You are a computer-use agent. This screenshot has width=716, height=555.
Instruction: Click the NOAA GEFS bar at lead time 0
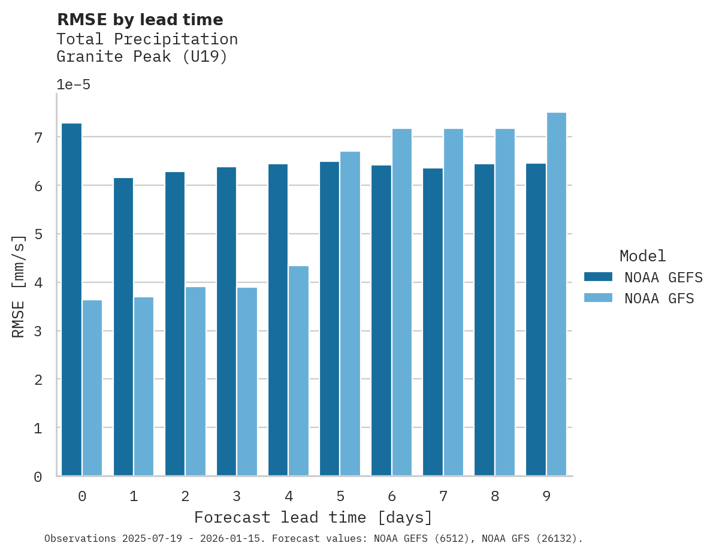click(x=72, y=300)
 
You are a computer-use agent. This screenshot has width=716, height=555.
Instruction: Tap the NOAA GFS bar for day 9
click(x=557, y=294)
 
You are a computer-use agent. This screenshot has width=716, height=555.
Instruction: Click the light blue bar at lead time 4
click(x=298, y=371)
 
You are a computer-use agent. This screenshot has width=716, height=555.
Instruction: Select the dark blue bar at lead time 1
click(x=123, y=327)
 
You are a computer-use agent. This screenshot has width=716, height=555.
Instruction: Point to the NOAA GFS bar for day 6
click(x=401, y=302)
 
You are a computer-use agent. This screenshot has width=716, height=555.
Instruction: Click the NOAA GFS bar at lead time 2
click(x=195, y=381)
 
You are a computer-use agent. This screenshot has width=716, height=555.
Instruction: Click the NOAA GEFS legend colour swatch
click(x=598, y=277)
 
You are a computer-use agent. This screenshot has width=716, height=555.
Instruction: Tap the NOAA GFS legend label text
click(x=659, y=298)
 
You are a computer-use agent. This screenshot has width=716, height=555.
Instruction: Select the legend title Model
click(x=643, y=256)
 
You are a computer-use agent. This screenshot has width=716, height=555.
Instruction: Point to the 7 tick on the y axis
click(x=38, y=138)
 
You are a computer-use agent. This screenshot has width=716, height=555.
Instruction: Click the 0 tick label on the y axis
click(x=38, y=477)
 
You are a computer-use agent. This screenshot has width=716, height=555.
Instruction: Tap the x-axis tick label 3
click(x=237, y=496)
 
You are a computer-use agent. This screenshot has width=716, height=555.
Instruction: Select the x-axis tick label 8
click(x=494, y=496)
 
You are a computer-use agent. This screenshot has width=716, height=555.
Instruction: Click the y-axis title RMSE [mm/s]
click(x=19, y=286)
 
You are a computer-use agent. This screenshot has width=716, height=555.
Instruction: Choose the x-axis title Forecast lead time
click(x=313, y=517)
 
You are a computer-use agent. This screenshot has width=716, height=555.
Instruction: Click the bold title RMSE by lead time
click(x=140, y=20)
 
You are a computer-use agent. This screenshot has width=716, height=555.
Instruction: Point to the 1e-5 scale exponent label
click(x=73, y=85)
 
